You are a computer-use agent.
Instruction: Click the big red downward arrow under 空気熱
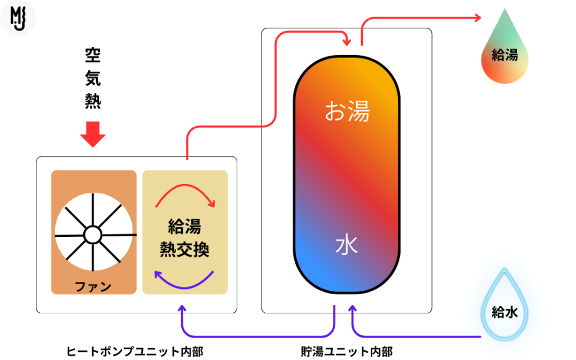click(x=93, y=134)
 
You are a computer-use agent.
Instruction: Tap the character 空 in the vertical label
click(x=93, y=55)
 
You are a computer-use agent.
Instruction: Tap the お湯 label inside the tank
click(x=347, y=111)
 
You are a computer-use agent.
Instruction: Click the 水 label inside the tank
click(x=346, y=245)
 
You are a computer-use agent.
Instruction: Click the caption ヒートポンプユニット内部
click(x=134, y=352)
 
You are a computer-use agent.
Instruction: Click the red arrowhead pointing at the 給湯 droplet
click(x=478, y=17)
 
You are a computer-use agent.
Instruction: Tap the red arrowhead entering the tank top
click(x=346, y=42)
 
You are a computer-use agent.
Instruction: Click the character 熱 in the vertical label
click(x=93, y=101)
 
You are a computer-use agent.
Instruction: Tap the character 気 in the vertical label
click(x=93, y=78)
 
